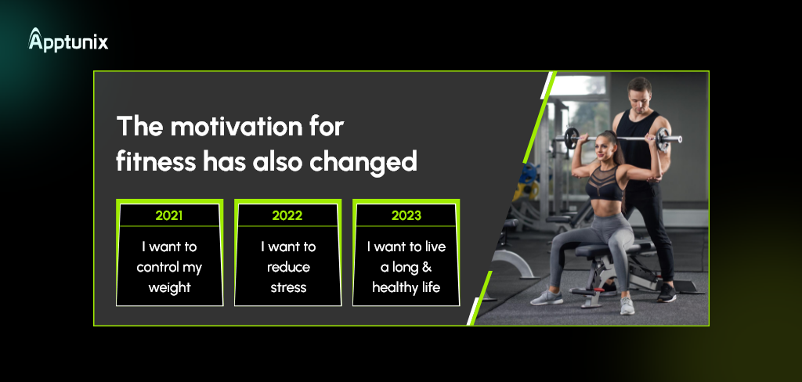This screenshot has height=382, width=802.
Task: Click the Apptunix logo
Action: point(68,40)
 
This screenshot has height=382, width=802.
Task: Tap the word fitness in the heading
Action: point(156,161)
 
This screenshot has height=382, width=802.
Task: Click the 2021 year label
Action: point(169,215)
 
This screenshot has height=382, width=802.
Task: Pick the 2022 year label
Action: point(287,215)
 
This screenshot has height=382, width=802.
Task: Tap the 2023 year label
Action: point(406,215)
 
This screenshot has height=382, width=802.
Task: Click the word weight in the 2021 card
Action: point(169,288)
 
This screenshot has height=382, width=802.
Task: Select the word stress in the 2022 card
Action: point(288,287)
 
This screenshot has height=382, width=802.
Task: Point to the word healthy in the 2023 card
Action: point(392,288)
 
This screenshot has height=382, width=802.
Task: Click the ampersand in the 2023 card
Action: point(427,267)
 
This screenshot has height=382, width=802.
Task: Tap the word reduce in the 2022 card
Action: point(288,267)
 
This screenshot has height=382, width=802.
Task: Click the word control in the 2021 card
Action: point(157,267)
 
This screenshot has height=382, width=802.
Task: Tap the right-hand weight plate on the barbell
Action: point(663,139)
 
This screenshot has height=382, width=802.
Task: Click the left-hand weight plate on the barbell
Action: point(571,138)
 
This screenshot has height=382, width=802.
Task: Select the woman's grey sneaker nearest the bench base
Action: point(627,305)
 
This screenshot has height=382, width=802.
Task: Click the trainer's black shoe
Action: point(667,293)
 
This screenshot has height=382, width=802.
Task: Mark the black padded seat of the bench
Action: point(609,250)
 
